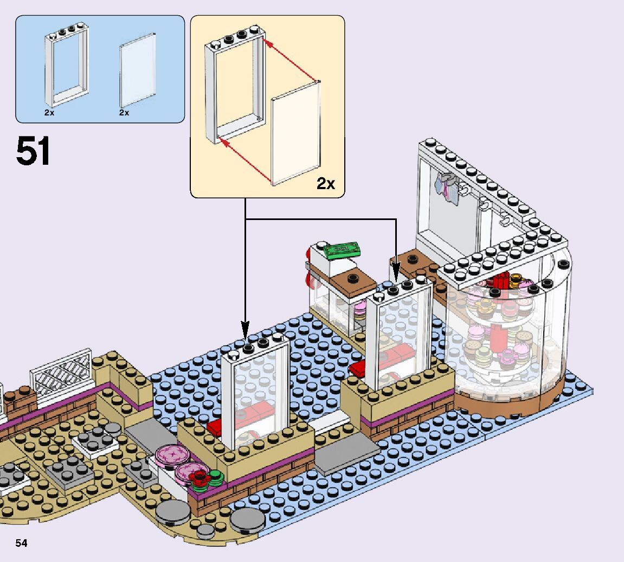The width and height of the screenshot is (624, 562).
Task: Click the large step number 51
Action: point(33,151)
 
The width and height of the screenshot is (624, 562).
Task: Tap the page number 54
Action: point(21,543)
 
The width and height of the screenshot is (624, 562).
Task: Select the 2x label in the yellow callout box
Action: point(326,184)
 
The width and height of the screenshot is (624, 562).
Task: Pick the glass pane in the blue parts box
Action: point(138,70)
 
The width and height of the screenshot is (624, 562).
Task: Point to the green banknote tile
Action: point(342,249)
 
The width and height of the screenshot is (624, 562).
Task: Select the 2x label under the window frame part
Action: point(49,113)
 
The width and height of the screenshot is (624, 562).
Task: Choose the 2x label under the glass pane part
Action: point(124,113)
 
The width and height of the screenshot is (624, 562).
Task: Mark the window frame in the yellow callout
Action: point(236,87)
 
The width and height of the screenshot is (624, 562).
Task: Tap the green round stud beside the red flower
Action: point(216,477)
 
